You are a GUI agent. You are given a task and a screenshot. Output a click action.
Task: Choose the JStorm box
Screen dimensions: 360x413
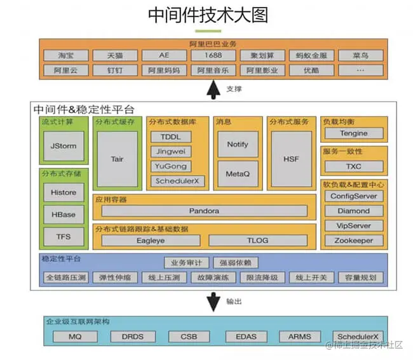pyautogui.click(x=63, y=146)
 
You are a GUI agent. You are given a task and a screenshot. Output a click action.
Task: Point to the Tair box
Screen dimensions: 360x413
pyautogui.click(x=117, y=159)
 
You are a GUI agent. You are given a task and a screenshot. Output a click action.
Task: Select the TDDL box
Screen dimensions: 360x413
pyautogui.click(x=170, y=137)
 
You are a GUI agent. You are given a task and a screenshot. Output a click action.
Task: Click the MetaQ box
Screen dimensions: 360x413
pyautogui.click(x=237, y=172)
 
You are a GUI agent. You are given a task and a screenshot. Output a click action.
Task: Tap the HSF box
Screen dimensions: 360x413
pyautogui.click(x=291, y=159)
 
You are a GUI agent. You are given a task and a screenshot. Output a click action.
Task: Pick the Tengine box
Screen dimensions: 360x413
pyautogui.click(x=354, y=133)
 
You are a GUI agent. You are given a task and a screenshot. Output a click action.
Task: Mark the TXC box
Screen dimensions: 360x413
pyautogui.click(x=354, y=166)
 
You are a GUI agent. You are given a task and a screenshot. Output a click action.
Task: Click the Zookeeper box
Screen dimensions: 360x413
pyautogui.click(x=354, y=241)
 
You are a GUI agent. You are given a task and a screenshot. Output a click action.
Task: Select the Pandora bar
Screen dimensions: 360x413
pyautogui.click(x=204, y=211)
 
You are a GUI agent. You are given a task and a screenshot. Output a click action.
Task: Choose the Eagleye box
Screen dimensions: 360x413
pyautogui.click(x=151, y=241)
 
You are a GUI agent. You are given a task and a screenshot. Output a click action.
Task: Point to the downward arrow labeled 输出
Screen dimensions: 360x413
pyautogui.click(x=213, y=301)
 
